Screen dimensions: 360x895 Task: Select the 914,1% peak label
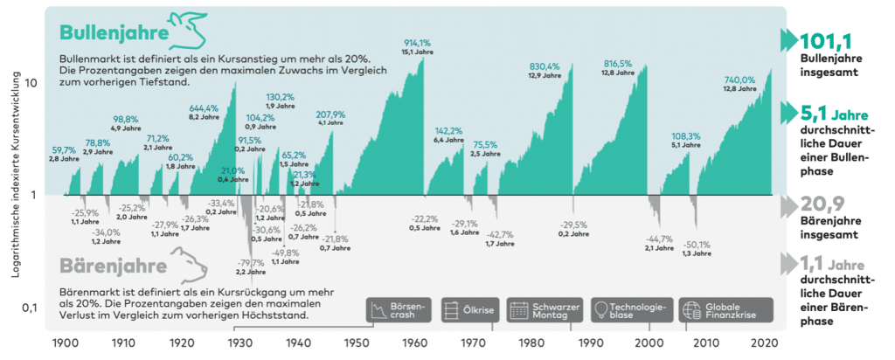417,42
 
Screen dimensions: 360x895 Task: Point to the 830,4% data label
545,66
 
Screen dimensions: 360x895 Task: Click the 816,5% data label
619,64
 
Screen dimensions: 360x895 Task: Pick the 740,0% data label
740,79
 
